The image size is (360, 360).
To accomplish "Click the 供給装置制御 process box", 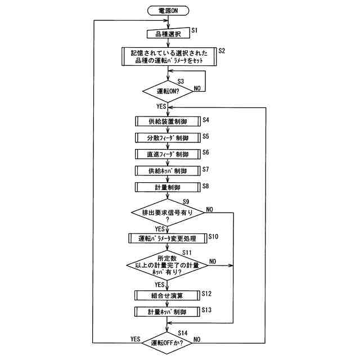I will coord(168,121).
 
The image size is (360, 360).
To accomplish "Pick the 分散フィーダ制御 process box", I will coord(168,137).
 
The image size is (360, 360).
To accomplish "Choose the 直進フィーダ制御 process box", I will coord(168,154).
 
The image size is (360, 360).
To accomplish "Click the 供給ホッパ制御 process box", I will coord(168,170).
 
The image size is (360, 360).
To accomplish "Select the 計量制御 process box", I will coord(168,186).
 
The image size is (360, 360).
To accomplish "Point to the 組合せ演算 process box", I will coord(168,294).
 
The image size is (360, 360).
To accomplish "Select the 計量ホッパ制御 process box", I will coord(168,311).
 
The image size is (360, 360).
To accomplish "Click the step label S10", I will coord(213,237).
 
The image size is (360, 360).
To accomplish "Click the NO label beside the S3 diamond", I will coord(197,88).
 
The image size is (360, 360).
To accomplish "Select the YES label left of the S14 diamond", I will coord(135,339).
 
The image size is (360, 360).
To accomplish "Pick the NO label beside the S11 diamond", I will coord(213,261).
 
